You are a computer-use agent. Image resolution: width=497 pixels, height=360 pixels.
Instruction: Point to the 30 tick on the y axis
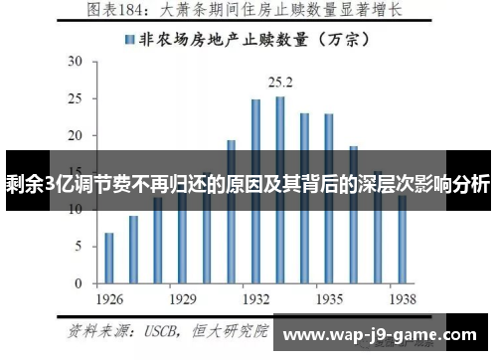[76, 61]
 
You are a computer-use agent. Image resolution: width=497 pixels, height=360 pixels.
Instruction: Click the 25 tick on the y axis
[76, 97]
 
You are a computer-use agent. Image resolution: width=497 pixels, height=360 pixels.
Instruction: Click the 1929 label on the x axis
[182, 297]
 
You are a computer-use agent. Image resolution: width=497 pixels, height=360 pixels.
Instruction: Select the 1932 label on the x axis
[255, 297]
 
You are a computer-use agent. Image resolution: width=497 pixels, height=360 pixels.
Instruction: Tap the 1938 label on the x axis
[402, 297]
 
